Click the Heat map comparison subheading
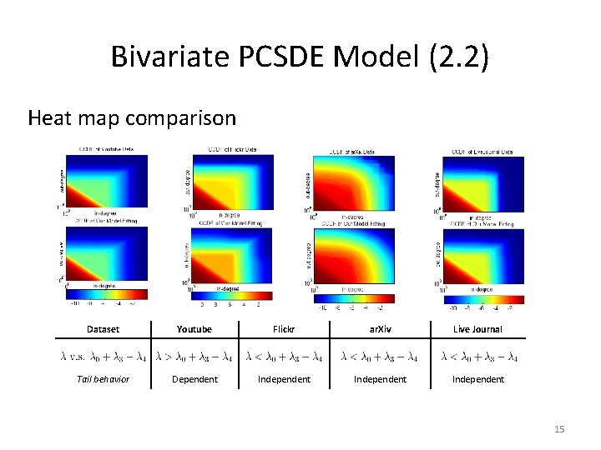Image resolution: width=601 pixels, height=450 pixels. tap(132, 117)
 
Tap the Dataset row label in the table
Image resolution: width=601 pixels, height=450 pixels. tap(103, 329)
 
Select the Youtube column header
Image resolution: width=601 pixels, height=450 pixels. tap(194, 329)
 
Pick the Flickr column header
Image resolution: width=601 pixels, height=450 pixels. tap(284, 329)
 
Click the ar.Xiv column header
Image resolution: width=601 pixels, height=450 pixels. tap(380, 329)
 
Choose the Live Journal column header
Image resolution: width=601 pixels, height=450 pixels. tap(477, 329)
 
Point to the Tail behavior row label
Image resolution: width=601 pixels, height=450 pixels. tap(103, 379)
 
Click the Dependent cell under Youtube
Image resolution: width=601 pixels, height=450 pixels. tap(194, 379)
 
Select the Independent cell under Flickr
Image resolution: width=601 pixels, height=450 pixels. tap(284, 379)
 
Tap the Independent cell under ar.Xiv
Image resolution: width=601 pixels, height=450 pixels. tap(380, 379)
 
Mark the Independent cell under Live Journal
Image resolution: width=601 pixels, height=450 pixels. tap(477, 379)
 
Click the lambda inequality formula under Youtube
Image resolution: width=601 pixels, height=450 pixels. tap(194, 357)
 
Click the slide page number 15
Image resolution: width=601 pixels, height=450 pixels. tap(559, 428)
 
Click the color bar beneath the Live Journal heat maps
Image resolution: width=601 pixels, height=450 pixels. tap(483, 298)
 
